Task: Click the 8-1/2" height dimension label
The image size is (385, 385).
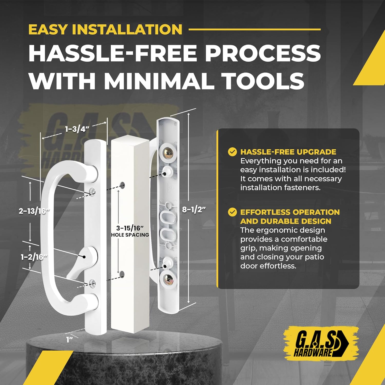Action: coord(194,209)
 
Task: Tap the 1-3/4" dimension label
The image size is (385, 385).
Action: coord(77,129)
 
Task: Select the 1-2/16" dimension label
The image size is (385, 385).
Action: coord(34,257)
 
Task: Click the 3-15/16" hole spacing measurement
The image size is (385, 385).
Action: coord(130,228)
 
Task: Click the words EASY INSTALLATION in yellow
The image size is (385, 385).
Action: coord(105,29)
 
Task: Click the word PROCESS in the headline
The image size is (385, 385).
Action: coord(263,53)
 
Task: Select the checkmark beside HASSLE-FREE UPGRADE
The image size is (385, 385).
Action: coord(232,152)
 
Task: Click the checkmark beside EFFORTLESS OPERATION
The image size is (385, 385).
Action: coord(232,212)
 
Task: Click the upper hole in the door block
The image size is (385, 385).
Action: coord(122,185)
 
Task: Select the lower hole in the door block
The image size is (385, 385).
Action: coord(122,274)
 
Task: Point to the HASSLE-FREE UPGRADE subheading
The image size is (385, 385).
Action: coord(288,152)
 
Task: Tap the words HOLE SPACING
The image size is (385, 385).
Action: coord(130,235)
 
